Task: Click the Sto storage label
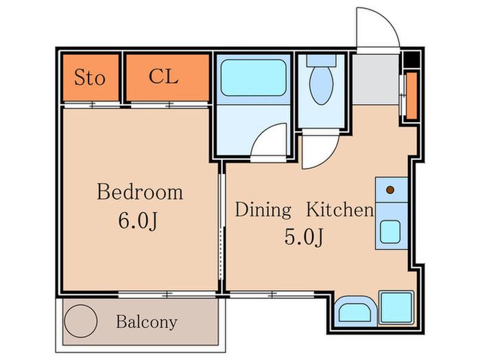click(x=90, y=77)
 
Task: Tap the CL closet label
click(x=163, y=76)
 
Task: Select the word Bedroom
click(x=140, y=192)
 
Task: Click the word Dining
click(x=263, y=211)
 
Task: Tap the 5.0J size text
click(x=304, y=237)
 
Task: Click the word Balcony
click(x=147, y=322)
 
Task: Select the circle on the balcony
click(x=81, y=321)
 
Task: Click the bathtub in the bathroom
click(x=254, y=77)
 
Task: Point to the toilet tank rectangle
click(x=322, y=60)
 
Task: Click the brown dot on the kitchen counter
click(x=390, y=190)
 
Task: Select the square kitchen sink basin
click(x=390, y=232)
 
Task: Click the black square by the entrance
click(x=412, y=60)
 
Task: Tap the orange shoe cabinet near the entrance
click(x=411, y=95)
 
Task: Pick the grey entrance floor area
click(x=376, y=80)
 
